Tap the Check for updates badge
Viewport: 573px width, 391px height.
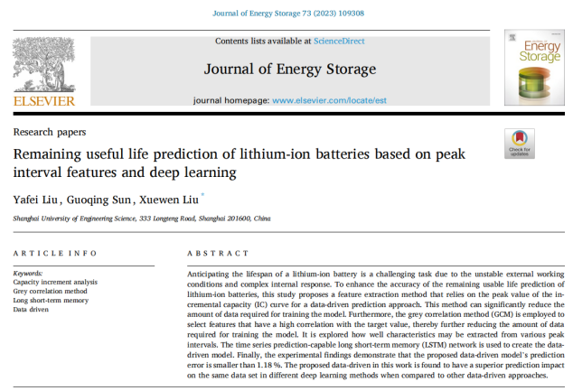(x=521, y=144)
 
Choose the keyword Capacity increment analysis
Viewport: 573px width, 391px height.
(x=55, y=281)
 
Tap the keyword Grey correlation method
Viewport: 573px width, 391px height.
(x=50, y=290)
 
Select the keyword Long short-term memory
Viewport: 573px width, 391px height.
(x=51, y=299)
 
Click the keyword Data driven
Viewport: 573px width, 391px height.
(x=33, y=308)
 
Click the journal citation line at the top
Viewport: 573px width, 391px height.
(x=286, y=12)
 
